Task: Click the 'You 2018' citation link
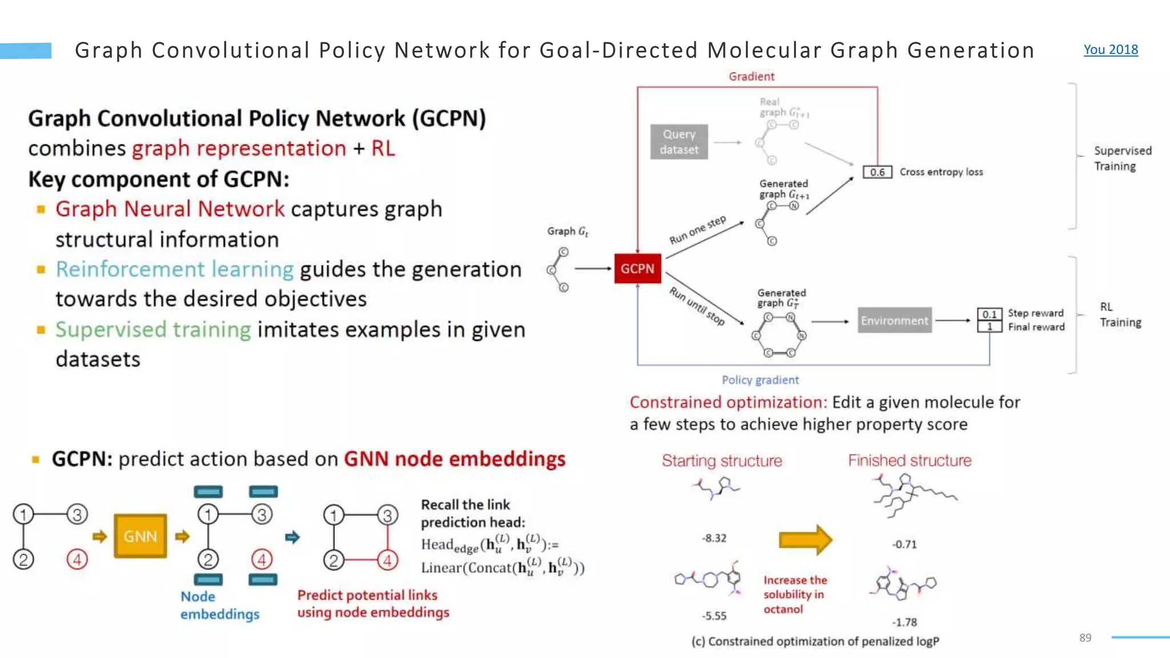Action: (1111, 50)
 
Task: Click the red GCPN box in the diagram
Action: (638, 268)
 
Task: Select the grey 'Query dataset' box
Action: (679, 142)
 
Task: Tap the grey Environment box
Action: (894, 320)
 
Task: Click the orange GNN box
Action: (140, 536)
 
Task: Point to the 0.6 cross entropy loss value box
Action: (877, 172)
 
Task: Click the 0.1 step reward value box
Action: (989, 314)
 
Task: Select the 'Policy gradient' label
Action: (760, 380)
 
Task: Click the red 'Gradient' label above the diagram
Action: (751, 77)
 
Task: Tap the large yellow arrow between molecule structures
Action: (805, 540)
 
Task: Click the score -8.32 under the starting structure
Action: (714, 538)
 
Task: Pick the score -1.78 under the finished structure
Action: (904, 622)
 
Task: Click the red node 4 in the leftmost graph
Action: (77, 559)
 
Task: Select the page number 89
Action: (1085, 637)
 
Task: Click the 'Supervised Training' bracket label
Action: (1122, 158)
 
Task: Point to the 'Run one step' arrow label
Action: (698, 230)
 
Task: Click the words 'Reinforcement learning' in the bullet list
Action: (174, 269)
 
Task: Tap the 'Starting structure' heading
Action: (722, 460)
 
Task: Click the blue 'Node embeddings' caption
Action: (219, 605)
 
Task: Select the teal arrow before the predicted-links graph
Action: (292, 537)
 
